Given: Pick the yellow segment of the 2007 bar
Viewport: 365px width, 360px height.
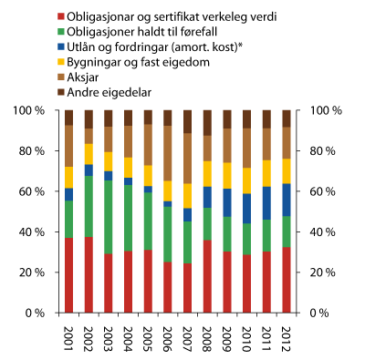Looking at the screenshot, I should point(188,196).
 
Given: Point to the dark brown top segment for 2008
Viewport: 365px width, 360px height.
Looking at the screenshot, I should point(208,123).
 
